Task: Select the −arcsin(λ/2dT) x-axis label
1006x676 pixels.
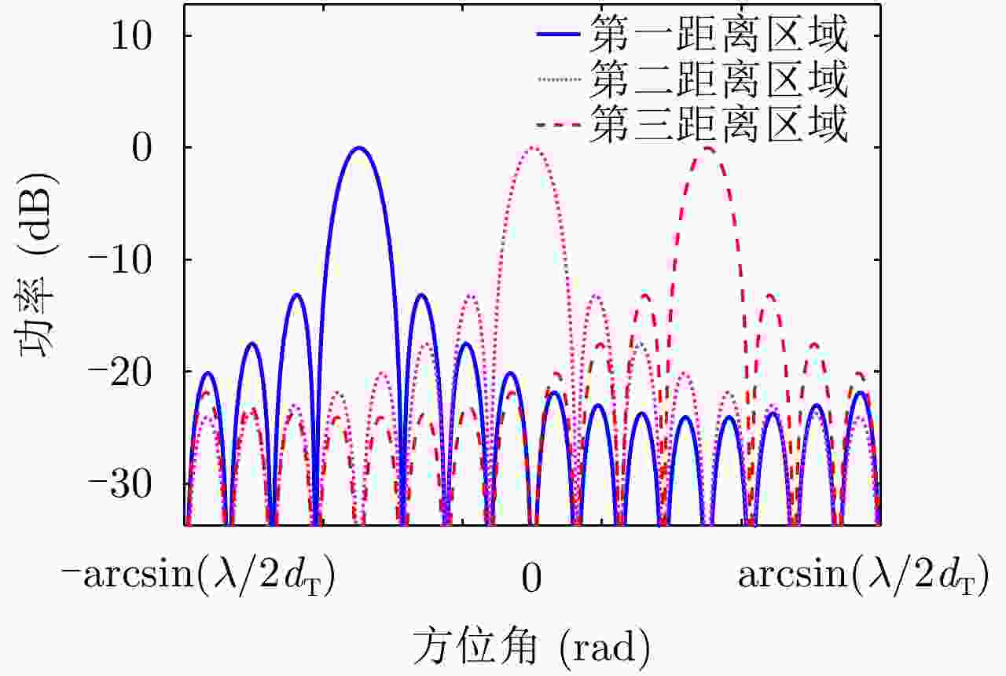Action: coord(199,577)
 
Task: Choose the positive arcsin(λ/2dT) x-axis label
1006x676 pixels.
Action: coord(862,577)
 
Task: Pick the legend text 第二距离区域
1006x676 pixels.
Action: coord(720,80)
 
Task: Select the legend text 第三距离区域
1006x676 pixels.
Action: coord(720,125)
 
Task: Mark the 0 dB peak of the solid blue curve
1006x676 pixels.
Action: coord(359,148)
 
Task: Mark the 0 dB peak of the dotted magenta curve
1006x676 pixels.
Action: coord(533,148)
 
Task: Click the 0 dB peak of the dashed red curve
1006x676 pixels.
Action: coord(708,148)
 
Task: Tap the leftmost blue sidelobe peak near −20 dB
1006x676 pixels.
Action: coord(207,373)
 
